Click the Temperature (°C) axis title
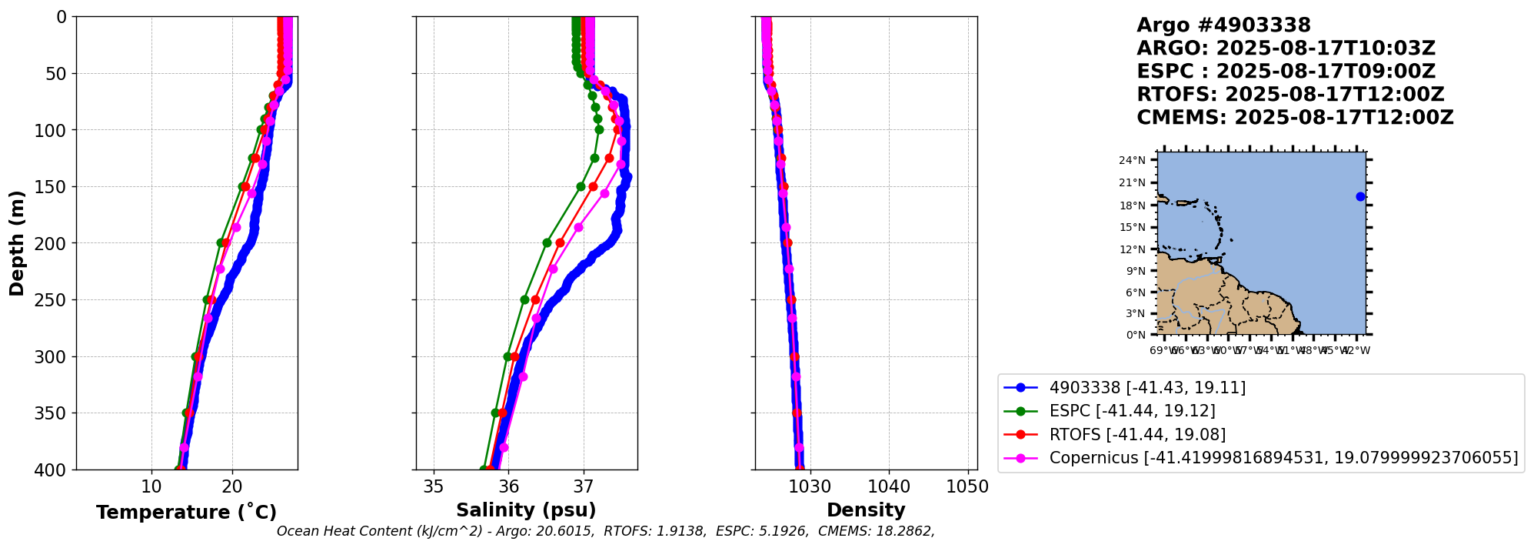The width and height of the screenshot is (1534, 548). (186, 513)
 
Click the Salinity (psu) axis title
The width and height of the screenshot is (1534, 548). (526, 510)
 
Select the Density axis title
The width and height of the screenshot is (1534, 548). (866, 510)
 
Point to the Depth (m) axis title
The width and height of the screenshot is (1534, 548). (17, 243)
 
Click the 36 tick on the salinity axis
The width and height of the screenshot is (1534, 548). (508, 486)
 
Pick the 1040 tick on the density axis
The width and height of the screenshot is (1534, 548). (889, 486)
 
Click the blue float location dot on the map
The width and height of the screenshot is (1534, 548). (1360, 196)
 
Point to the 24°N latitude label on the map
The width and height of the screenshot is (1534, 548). (1132, 161)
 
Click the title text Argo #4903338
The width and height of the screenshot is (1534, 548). (1223, 25)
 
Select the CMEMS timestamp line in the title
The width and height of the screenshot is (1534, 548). (1295, 118)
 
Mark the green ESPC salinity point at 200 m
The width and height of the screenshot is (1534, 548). (547, 242)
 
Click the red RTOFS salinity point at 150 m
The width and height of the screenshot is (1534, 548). (593, 186)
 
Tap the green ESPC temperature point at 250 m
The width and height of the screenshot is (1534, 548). (207, 299)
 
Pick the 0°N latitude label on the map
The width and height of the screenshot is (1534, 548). (1136, 335)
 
